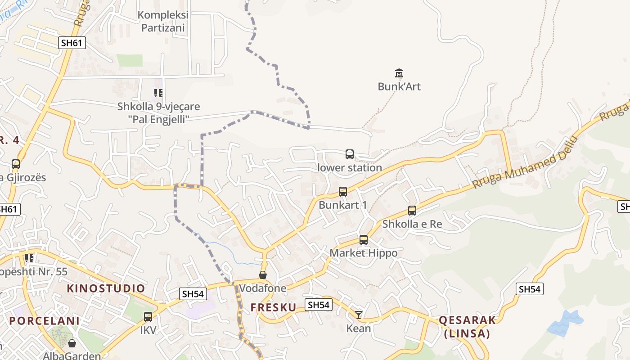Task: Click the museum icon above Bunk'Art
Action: [x=399, y=73]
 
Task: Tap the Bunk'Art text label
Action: [x=399, y=86]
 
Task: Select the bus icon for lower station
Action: [x=350, y=154]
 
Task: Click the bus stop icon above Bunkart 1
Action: [x=343, y=192]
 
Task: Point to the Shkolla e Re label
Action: [x=412, y=224]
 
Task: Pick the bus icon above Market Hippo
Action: [x=364, y=240]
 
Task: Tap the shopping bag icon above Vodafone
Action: [x=263, y=274]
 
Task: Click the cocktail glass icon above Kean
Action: [x=359, y=315]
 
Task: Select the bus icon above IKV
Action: [x=148, y=316]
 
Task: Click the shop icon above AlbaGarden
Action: [x=72, y=343]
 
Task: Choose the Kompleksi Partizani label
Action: [x=163, y=21]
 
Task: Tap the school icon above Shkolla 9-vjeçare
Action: [x=158, y=93]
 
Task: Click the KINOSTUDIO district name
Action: [x=106, y=288]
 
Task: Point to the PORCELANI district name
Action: [x=45, y=321]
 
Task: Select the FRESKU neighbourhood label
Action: [x=273, y=307]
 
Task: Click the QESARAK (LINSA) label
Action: [x=467, y=327]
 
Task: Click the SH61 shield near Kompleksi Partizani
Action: [x=72, y=43]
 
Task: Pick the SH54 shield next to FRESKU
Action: [x=319, y=305]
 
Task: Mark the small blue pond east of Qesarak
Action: [x=566, y=322]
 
